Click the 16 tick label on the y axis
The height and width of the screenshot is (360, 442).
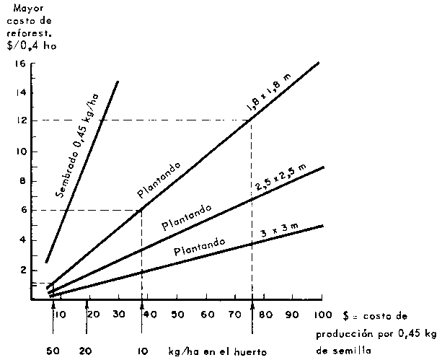tap(20, 63)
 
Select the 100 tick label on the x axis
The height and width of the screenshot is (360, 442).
tap(322, 315)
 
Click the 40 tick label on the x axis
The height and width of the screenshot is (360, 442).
tap(148, 315)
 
